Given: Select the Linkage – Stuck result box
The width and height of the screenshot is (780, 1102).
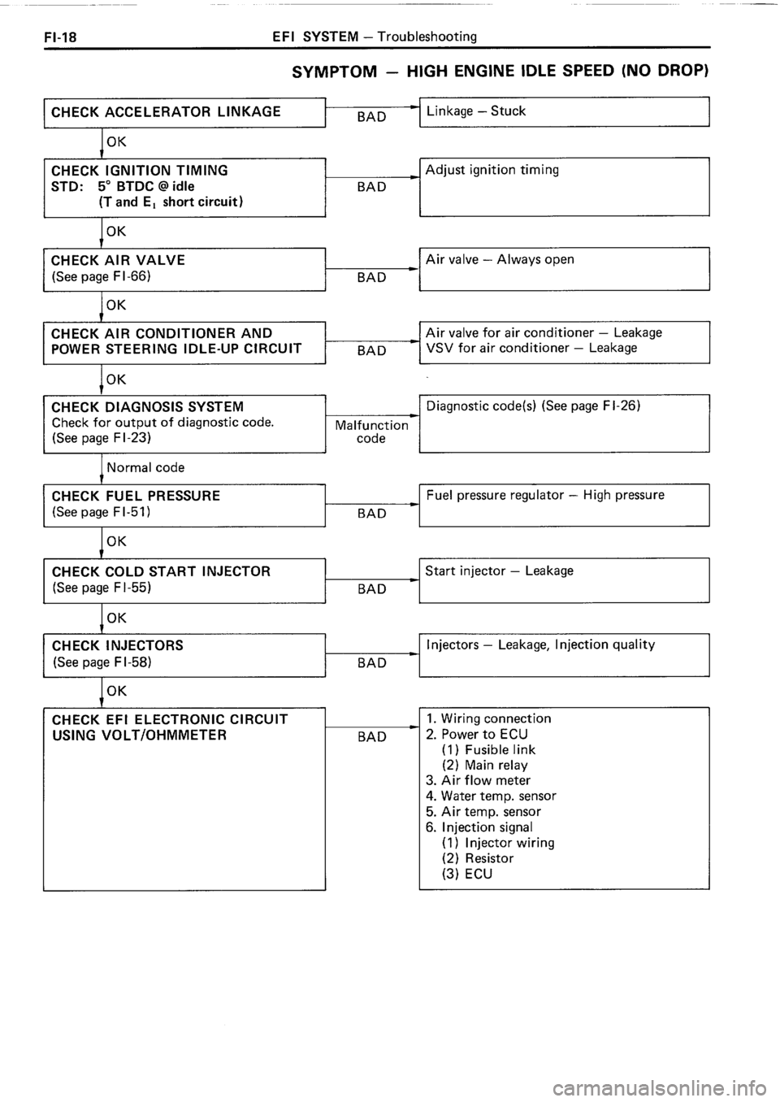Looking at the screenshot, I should click(564, 111).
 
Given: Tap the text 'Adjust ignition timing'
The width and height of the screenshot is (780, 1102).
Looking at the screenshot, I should click(492, 170).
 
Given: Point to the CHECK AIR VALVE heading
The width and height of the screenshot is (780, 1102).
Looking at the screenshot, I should click(118, 260).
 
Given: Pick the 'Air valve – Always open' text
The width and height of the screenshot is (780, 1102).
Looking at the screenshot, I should click(500, 260).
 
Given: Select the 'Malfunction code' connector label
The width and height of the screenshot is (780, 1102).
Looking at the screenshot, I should click(371, 432).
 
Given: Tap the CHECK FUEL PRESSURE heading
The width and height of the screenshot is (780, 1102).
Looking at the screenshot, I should click(135, 496).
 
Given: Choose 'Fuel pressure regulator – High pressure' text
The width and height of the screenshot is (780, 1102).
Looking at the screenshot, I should click(544, 495).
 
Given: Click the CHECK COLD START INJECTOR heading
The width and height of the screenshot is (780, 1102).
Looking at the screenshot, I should click(160, 571).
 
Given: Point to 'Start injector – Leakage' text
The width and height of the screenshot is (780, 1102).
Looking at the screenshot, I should click(499, 571).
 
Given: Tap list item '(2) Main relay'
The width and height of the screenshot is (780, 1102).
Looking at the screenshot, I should click(484, 765).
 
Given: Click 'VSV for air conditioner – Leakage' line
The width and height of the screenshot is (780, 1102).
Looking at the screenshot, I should click(531, 348).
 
